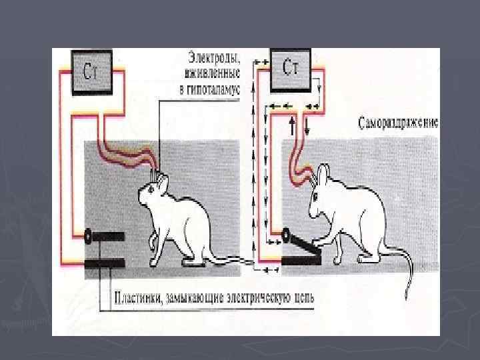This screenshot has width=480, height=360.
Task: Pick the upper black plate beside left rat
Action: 107,236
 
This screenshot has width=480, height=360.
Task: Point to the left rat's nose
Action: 139,198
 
